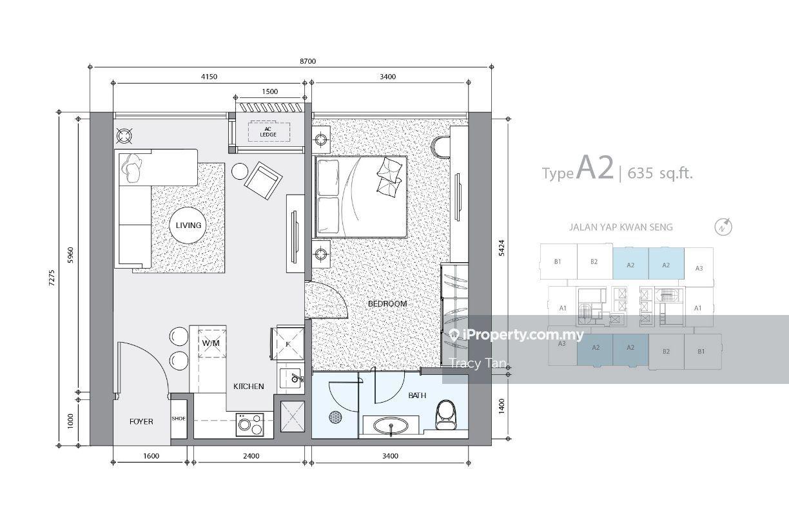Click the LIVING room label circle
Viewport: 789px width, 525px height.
tap(188, 225)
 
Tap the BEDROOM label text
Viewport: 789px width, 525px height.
tap(387, 303)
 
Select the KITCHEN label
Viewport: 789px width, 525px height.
tap(248, 387)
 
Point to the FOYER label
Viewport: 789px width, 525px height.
tap(141, 421)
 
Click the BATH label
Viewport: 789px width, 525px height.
tap(417, 396)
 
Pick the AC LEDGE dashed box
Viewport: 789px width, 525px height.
tap(269, 132)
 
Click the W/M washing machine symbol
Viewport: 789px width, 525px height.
tap(211, 343)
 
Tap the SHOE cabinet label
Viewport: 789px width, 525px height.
tap(179, 418)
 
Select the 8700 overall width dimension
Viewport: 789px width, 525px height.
tap(308, 61)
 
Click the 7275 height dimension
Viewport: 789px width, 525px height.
tap(52, 278)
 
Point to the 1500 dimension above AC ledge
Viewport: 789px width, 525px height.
tap(270, 91)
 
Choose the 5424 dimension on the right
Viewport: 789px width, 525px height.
tap(502, 248)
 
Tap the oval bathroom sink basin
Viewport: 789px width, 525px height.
tap(391, 427)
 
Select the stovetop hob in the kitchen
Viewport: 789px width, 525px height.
tap(250, 425)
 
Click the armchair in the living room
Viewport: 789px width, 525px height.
tap(263, 180)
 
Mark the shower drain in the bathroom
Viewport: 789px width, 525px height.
tap(335, 417)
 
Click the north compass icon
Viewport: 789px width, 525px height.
tap(723, 227)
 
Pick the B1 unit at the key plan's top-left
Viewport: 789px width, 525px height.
tap(558, 262)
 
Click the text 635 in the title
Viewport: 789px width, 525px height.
tap(640, 173)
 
